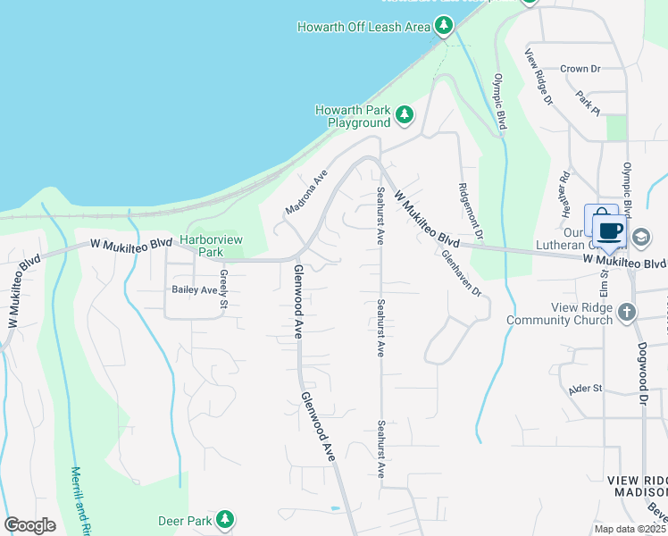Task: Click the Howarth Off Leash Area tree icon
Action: [x=444, y=27]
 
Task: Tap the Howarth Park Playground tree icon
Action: [x=405, y=114]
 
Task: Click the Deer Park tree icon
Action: [x=225, y=519]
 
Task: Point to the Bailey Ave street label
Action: [x=195, y=290]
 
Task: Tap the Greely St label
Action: [x=224, y=291]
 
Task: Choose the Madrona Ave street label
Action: [x=307, y=193]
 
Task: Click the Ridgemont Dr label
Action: [x=471, y=211]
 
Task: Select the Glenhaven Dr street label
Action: [x=462, y=273]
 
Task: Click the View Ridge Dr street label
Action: [x=539, y=77]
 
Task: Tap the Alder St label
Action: [x=586, y=389]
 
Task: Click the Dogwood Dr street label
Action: [x=642, y=375]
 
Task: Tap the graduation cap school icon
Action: [x=641, y=237]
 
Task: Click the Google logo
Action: [x=29, y=525]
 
